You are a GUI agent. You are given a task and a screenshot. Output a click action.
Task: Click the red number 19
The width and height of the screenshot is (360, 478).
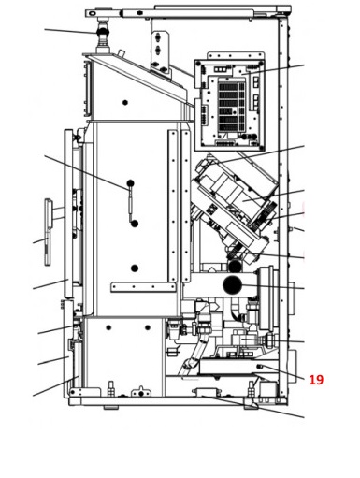click(316, 380)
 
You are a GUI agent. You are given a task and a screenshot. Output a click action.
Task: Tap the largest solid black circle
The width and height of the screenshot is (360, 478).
click(233, 284)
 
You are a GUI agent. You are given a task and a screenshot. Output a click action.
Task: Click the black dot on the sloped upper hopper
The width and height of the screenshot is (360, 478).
click(125, 102)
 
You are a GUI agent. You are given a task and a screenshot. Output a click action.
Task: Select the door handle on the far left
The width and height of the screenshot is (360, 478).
click(49, 232)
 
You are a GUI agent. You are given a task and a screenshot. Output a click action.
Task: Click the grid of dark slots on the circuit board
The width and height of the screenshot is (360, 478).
click(232, 106)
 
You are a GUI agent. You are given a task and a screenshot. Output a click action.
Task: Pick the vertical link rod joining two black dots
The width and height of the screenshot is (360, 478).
click(131, 203)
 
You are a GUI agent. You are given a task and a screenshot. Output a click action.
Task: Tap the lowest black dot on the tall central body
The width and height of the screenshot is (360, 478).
click(135, 268)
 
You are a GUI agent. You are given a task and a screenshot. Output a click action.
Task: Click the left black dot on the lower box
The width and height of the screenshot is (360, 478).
click(108, 327)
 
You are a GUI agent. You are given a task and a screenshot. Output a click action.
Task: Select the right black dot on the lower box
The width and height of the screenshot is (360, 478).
click(148, 327)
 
